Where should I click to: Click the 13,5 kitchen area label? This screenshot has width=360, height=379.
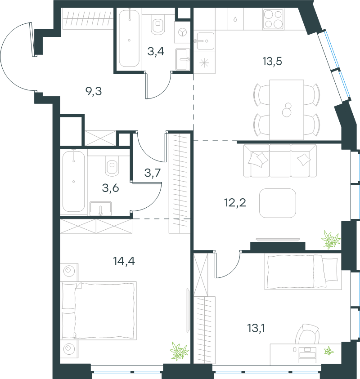272,62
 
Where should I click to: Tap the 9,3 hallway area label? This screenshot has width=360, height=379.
94,91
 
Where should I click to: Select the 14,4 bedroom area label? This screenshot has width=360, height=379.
124,261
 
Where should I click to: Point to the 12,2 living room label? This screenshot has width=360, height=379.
235,203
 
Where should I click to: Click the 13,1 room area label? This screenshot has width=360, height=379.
256,328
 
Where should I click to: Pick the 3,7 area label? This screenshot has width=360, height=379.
153,173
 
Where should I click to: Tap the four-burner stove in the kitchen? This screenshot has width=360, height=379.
273,19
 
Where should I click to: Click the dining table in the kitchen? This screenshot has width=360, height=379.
287,110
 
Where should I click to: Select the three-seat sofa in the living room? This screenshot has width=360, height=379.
280,161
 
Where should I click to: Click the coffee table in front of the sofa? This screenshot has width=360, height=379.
278,203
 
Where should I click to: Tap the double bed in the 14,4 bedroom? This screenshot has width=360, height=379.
98,311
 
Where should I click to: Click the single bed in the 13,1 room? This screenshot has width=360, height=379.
303,272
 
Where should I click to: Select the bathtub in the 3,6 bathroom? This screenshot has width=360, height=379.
73,181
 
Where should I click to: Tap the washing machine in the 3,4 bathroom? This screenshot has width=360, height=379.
182,32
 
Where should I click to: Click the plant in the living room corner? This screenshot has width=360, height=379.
331,240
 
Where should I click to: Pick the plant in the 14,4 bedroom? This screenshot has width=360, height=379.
179,351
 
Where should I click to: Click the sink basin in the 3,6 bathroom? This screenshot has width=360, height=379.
101,208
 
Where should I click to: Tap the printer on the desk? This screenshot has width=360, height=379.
307,355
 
